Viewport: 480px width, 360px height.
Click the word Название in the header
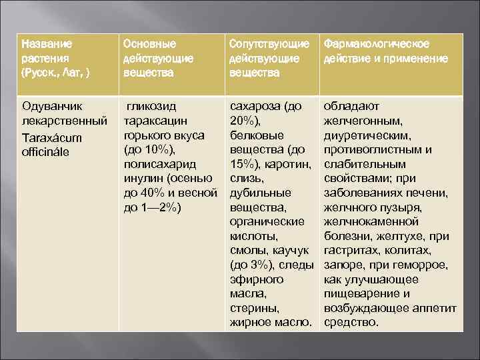click(x=46, y=44)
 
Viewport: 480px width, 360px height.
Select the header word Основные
click(x=150, y=44)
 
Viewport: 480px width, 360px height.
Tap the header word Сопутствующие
click(x=269, y=44)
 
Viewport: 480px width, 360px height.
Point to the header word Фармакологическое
click(x=376, y=44)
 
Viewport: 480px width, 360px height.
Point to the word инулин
click(x=147, y=179)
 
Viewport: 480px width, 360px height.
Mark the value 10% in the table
click(x=159, y=150)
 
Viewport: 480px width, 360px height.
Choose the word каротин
click(x=291, y=165)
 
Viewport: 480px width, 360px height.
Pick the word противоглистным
click(x=372, y=150)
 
